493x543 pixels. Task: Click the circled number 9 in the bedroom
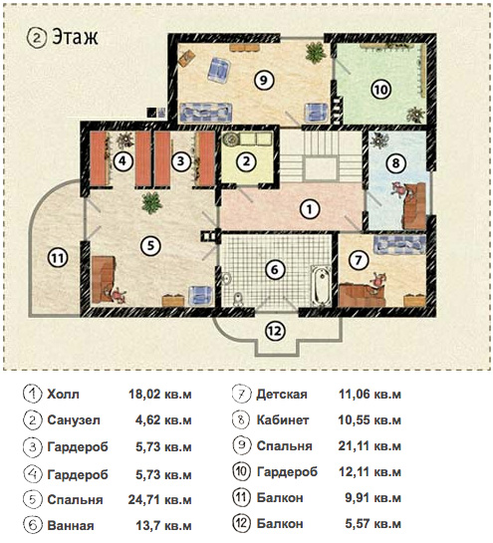[x=264, y=80]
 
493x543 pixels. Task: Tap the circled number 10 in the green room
[x=380, y=90]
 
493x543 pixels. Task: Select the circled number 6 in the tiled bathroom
[x=275, y=269]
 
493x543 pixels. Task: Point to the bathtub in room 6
[x=321, y=286]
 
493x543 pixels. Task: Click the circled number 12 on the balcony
[x=275, y=331]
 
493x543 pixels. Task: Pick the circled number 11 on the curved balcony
[x=58, y=258]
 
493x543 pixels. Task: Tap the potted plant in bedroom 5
[x=151, y=202]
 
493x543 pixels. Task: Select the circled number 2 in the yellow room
[x=246, y=161]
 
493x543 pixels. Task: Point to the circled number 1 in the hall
[x=309, y=209]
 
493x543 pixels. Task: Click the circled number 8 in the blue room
[x=396, y=162]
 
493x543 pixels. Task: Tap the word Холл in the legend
[x=63, y=395]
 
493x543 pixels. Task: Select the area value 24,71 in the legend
[x=144, y=500]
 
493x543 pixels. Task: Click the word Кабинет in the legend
[x=283, y=420]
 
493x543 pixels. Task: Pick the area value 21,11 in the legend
[x=354, y=445]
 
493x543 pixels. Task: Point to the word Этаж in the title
[x=75, y=38]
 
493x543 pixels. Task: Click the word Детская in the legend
[x=282, y=395]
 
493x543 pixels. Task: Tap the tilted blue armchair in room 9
[x=219, y=71]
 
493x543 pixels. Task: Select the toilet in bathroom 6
[x=238, y=298]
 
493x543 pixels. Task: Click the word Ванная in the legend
[x=71, y=526]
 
